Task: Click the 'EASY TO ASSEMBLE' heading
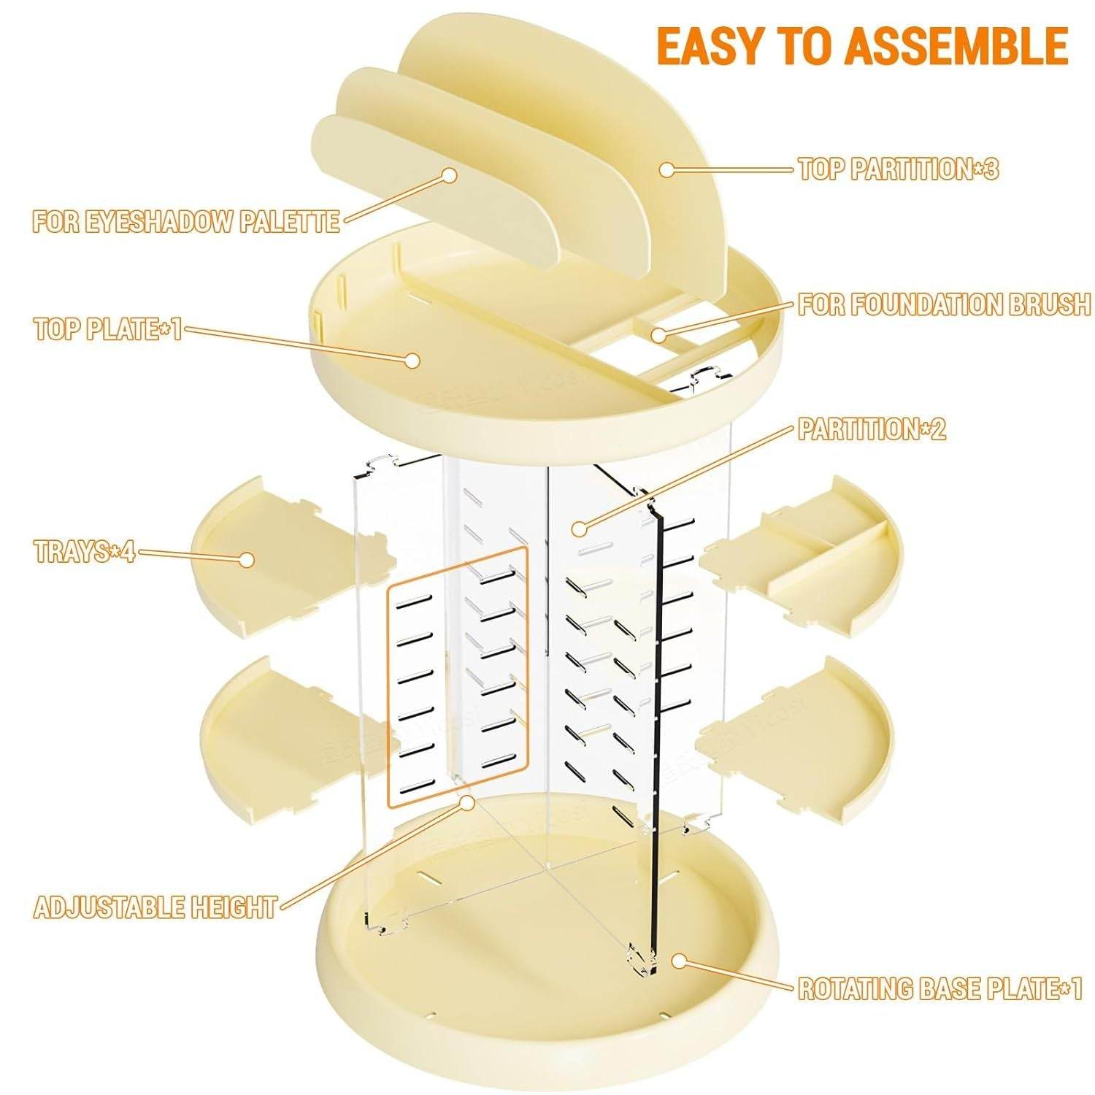pyautogui.click(x=862, y=45)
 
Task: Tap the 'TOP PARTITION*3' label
pyautogui.click(x=898, y=169)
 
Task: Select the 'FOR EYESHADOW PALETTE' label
pyautogui.click(x=186, y=220)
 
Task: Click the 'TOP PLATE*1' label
pyautogui.click(x=107, y=329)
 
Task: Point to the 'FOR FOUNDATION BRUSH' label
pyautogui.click(x=944, y=304)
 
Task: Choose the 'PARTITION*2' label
pyautogui.click(x=872, y=429)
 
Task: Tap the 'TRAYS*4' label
pyautogui.click(x=85, y=552)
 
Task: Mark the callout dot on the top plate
pyautogui.click(x=413, y=360)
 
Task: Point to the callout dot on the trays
pyautogui.click(x=247, y=560)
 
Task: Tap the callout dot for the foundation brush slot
pyautogui.click(x=659, y=335)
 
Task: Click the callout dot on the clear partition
pyautogui.click(x=578, y=529)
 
